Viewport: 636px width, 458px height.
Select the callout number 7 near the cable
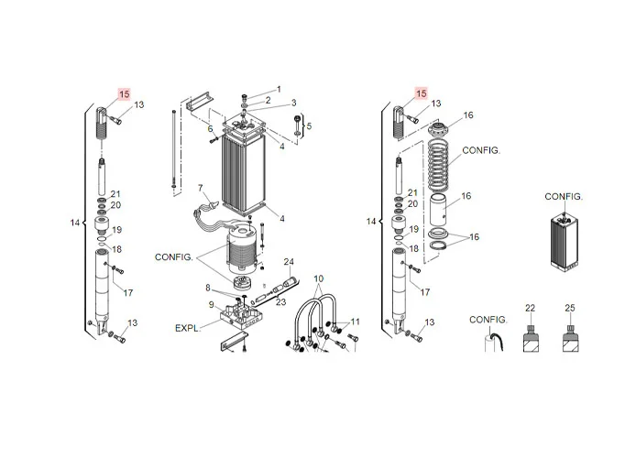pyautogui.click(x=200, y=188)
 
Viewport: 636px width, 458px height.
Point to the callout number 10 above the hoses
pyautogui.click(x=319, y=278)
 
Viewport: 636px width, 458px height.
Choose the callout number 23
pyautogui.click(x=281, y=303)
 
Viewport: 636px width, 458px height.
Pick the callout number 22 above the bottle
pyautogui.click(x=529, y=307)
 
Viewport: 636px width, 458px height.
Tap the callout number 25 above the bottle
pyautogui.click(x=569, y=307)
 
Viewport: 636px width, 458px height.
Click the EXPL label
pyautogui.click(x=188, y=326)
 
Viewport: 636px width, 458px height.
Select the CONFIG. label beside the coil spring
pyautogui.click(x=481, y=149)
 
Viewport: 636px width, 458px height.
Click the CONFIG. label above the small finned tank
pyautogui.click(x=564, y=197)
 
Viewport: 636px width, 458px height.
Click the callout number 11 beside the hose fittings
pyautogui.click(x=355, y=322)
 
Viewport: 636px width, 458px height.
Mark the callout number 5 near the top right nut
pyautogui.click(x=310, y=125)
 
